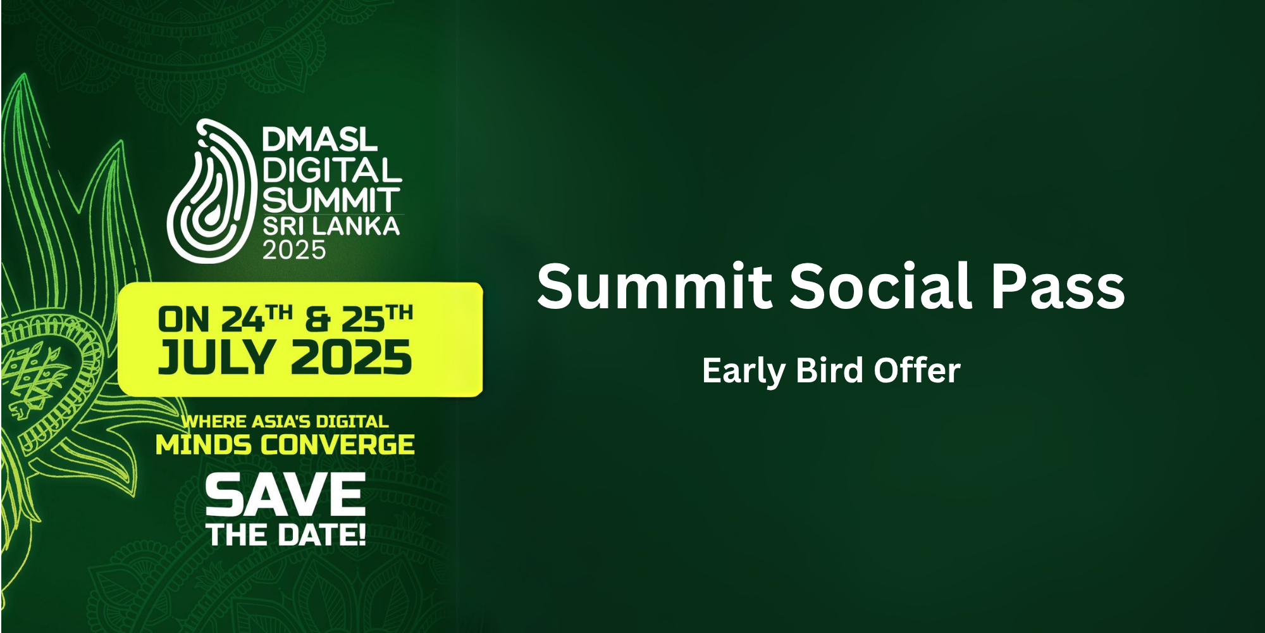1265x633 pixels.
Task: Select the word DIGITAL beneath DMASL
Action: pyautogui.click(x=332, y=170)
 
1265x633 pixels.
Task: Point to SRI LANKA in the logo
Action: pyautogui.click(x=331, y=227)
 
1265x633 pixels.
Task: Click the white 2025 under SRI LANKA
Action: pyautogui.click(x=294, y=250)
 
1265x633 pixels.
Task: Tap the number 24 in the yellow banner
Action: pyautogui.click(x=242, y=320)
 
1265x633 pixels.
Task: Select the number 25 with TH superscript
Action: pyautogui.click(x=378, y=318)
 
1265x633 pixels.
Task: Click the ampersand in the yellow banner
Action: pyautogui.click(x=318, y=320)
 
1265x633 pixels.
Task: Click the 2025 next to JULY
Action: pyautogui.click(x=351, y=358)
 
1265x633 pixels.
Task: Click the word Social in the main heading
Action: pyautogui.click(x=881, y=285)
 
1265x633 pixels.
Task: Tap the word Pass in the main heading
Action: pyautogui.click(x=1058, y=285)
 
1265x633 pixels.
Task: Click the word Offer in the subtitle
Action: pyautogui.click(x=916, y=370)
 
